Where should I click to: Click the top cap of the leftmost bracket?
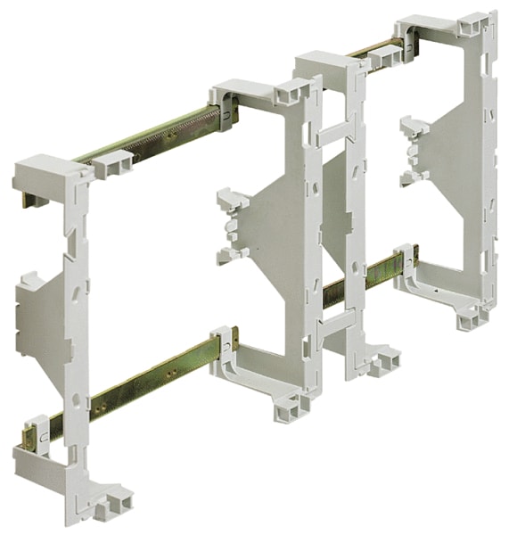click(49, 169)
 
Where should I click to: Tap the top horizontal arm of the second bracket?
click(258, 93)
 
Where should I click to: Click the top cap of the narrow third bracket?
click(325, 64)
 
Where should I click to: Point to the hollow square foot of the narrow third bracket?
click(384, 361)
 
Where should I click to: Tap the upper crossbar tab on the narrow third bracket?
click(334, 134)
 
